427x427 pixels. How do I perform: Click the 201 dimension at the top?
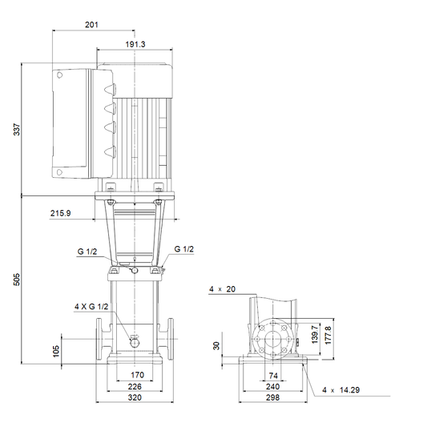click(x=91, y=25)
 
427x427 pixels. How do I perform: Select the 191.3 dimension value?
click(x=135, y=44)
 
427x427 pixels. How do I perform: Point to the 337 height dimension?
click(x=17, y=129)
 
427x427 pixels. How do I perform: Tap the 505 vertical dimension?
click(x=17, y=280)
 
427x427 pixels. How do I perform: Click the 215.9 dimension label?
click(x=60, y=213)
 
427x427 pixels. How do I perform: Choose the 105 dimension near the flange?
click(x=56, y=352)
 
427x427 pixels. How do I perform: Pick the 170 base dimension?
click(x=137, y=375)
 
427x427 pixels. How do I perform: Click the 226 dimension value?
click(x=135, y=386)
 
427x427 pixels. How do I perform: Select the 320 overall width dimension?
click(x=135, y=397)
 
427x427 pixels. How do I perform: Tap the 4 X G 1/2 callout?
click(x=91, y=307)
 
